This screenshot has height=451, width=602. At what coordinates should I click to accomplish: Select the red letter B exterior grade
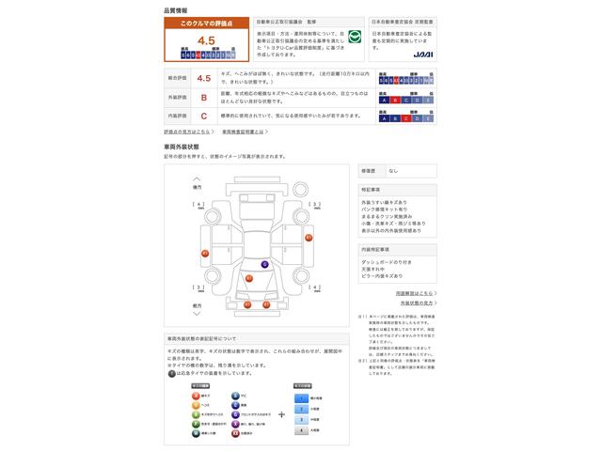(x=203, y=97)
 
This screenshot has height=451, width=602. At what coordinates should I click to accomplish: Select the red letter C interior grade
(x=203, y=116)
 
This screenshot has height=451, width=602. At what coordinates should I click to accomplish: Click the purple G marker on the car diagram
(x=264, y=264)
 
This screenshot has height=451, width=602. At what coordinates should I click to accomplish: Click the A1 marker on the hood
(x=248, y=279)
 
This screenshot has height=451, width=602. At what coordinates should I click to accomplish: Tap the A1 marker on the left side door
(x=204, y=254)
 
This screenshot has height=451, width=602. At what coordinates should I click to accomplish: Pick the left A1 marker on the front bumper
(x=247, y=304)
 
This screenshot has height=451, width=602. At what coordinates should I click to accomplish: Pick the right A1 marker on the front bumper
(x=265, y=304)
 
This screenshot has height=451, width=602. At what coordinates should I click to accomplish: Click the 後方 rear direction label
(x=197, y=187)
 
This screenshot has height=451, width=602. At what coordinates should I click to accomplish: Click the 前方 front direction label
(x=197, y=305)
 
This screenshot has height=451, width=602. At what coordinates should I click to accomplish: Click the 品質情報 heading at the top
(x=174, y=8)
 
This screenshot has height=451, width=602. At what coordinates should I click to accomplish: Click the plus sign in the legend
(x=281, y=413)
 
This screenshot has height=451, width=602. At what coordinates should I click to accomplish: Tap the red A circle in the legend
(x=196, y=396)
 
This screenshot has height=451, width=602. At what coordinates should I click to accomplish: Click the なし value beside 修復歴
(x=393, y=170)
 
